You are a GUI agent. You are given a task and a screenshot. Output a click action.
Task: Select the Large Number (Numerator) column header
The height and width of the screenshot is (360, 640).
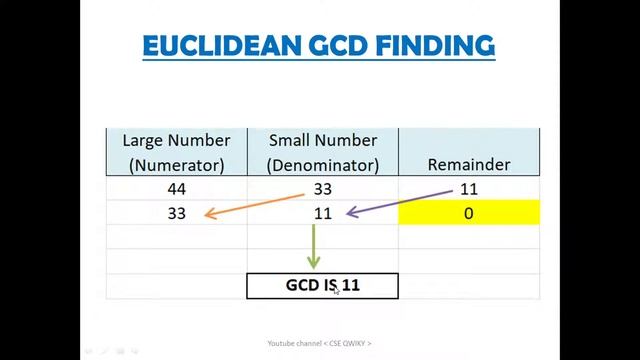[176, 152]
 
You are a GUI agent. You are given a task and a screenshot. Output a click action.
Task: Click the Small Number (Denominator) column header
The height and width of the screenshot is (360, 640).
[322, 152]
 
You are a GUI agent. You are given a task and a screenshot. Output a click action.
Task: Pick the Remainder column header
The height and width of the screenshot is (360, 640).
[468, 164]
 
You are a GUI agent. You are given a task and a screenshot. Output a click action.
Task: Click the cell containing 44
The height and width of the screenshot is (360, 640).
[176, 189]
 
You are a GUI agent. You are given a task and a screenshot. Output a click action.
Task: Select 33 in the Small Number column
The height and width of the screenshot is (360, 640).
[322, 189]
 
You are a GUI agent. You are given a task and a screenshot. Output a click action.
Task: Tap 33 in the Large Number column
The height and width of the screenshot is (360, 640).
[176, 213]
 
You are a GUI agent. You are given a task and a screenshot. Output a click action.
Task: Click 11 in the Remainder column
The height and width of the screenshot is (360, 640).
[468, 189]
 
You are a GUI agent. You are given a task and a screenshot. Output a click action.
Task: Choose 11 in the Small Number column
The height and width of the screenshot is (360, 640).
[322, 213]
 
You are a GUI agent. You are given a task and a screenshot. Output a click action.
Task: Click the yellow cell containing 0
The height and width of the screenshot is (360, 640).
[468, 213]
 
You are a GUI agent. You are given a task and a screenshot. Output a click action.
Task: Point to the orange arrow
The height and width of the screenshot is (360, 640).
[255, 202]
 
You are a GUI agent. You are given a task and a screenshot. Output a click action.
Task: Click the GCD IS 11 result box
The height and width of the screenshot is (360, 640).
[322, 285]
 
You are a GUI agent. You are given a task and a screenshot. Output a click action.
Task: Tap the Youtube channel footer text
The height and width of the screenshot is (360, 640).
[319, 343]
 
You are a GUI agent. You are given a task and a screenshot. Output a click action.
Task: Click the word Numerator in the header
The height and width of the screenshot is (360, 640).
[176, 164]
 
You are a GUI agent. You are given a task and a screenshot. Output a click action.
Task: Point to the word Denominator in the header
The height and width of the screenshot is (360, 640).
[322, 164]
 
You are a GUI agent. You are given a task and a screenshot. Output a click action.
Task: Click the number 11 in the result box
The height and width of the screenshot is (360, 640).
[349, 285]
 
